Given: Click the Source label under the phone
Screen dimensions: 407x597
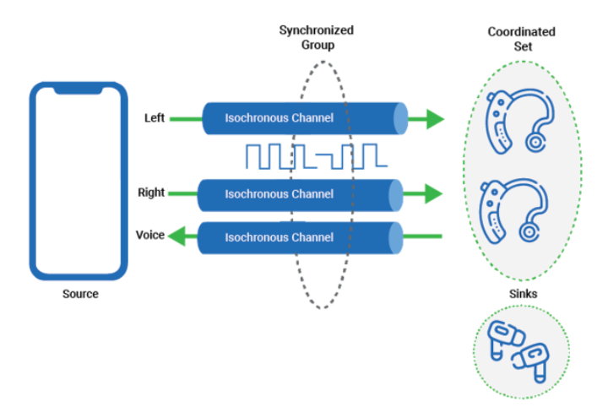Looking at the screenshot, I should [x=80, y=294].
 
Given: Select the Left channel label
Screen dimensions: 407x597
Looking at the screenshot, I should [x=155, y=118].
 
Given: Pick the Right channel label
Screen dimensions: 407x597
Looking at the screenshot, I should [x=151, y=193].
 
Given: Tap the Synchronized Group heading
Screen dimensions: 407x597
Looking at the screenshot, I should [x=316, y=37].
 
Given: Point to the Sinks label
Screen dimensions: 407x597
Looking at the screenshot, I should [x=523, y=294].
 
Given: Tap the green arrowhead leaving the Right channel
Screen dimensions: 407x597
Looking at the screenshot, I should [x=432, y=194].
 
